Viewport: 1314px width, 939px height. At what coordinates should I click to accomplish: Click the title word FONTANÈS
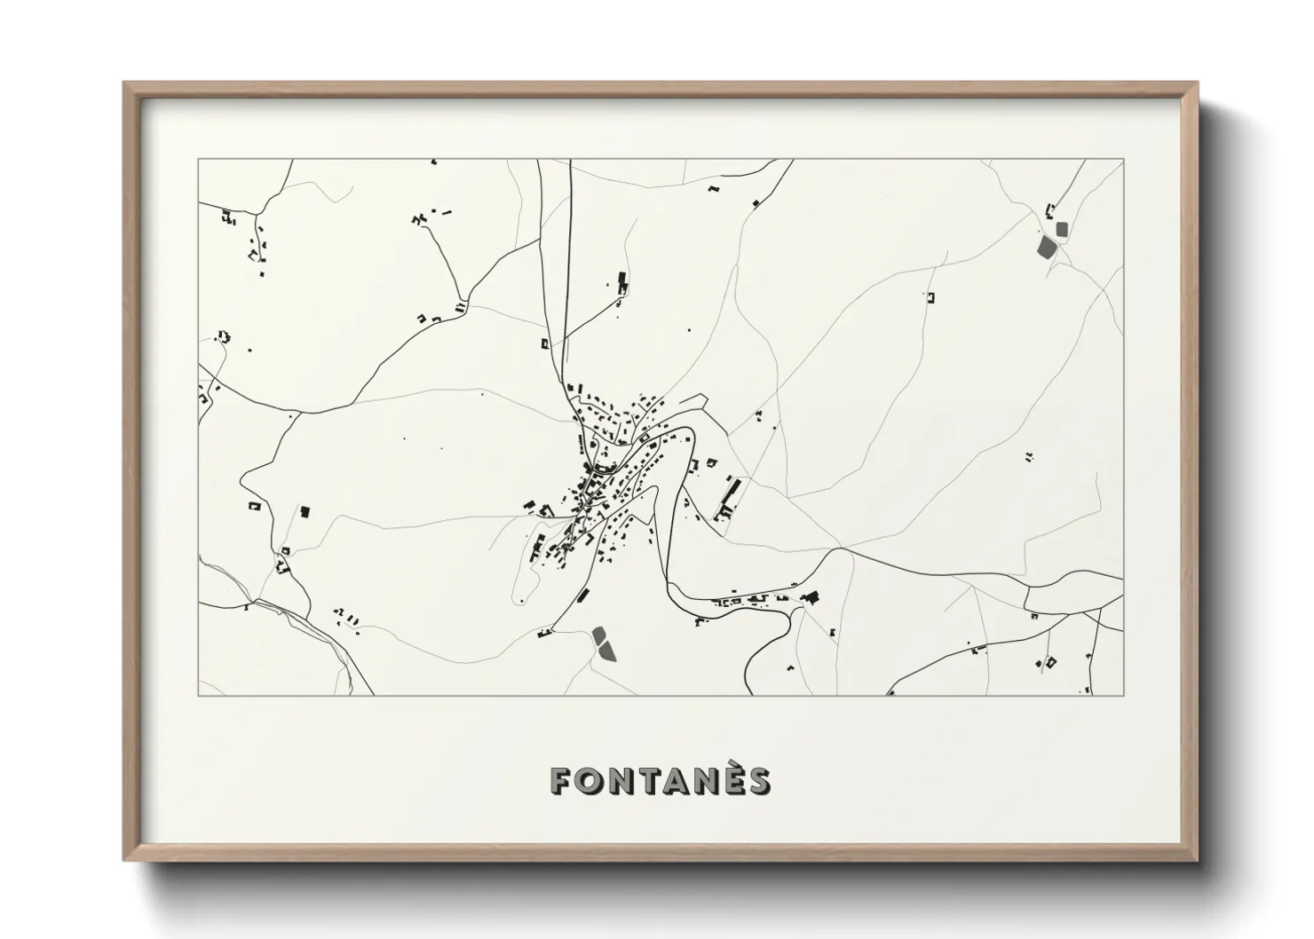coord(661,780)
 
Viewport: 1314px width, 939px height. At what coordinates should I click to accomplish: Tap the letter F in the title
coord(562,780)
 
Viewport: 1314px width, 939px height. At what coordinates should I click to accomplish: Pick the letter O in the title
coord(590,780)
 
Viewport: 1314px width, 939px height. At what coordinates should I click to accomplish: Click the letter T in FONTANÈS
coord(648,780)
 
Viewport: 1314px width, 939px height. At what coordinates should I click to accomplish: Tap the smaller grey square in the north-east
coord(1062,229)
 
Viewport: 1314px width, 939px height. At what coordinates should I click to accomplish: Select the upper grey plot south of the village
coord(598,635)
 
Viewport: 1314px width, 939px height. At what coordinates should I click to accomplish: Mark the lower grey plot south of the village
coord(607,652)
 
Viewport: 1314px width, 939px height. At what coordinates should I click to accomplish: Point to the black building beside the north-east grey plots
coord(1050,211)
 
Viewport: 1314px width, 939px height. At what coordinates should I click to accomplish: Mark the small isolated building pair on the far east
coord(1029,458)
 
